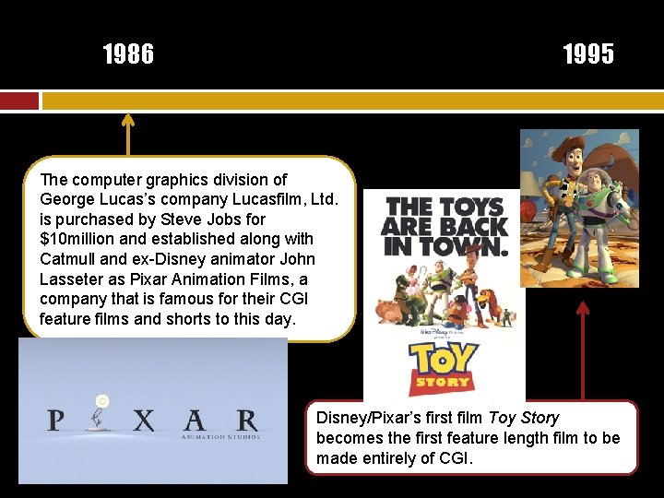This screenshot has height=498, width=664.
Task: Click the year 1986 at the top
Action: pyautogui.click(x=128, y=55)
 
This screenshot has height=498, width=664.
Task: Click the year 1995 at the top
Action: pyautogui.click(x=588, y=55)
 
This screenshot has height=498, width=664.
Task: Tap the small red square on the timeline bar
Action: pyautogui.click(x=19, y=101)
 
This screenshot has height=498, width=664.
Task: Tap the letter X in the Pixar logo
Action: pyautogui.click(x=143, y=421)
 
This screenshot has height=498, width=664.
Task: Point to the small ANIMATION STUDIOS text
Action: pyautogui.click(x=220, y=436)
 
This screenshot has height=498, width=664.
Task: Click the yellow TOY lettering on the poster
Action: pyautogui.click(x=444, y=358)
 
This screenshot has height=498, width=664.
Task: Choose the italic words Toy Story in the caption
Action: pyautogui.click(x=524, y=418)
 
